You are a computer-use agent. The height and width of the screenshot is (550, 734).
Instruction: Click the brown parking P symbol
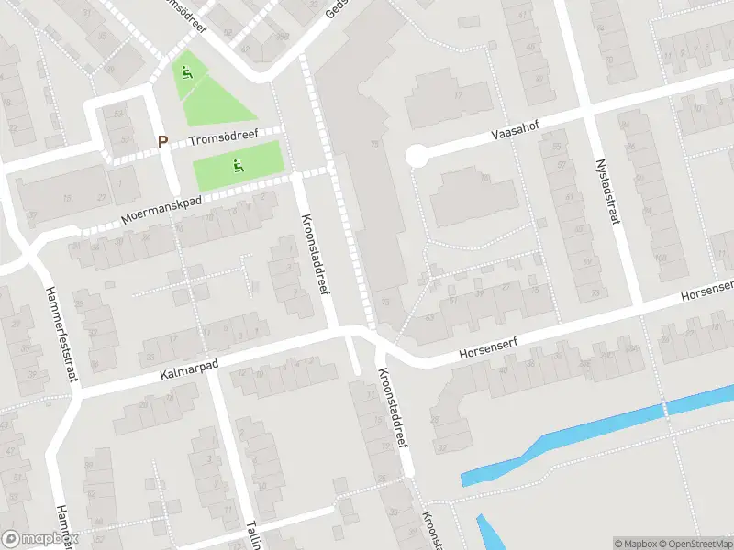pos(163,142)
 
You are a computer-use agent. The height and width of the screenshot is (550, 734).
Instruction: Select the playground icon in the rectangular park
pos(238,166)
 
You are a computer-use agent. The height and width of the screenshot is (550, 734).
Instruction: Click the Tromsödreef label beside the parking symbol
pos(224,138)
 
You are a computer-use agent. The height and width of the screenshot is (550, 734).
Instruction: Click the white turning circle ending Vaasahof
pos(417,157)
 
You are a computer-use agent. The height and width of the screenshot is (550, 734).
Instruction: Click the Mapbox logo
pos(39,539)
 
